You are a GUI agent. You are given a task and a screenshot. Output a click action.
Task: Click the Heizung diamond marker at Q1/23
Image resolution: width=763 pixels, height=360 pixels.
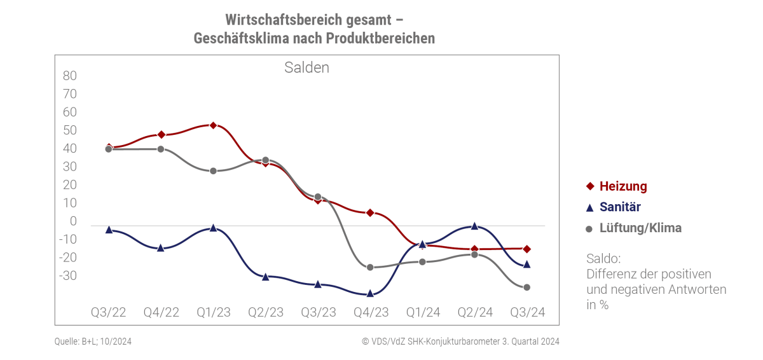[213, 125]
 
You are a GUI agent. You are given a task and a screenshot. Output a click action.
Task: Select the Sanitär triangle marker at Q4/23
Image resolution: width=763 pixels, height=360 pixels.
[371, 293]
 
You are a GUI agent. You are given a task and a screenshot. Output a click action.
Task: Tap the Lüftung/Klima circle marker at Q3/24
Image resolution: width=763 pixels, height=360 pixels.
[527, 287]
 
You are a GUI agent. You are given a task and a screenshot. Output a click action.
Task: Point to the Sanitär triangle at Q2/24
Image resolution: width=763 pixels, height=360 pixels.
[474, 226]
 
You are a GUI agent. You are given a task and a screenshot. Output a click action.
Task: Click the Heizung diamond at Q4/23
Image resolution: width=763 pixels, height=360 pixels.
[370, 212]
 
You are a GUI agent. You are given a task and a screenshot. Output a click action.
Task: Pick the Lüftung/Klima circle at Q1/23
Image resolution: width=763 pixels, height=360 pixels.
[213, 171]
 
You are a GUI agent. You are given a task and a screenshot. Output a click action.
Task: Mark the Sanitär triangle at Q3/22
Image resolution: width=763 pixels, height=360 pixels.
[109, 230]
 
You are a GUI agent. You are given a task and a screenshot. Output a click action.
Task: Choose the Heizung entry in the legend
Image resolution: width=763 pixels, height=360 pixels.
[623, 186]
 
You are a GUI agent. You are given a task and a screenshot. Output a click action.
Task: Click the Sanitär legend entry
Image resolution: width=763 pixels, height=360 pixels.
[619, 207]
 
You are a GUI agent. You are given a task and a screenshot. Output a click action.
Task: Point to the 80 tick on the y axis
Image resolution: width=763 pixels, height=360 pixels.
[70, 76]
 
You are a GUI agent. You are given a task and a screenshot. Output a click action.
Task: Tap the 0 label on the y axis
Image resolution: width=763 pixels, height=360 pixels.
[73, 221]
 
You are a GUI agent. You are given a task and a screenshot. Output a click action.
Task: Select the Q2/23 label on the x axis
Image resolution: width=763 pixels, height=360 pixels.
[266, 312]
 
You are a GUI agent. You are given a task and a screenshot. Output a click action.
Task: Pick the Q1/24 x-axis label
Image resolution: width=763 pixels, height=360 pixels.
[423, 312]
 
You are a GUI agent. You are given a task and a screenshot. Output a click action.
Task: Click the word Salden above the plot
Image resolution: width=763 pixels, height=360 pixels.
[306, 67]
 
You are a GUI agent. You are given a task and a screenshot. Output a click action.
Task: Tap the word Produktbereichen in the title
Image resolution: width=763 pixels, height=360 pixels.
[380, 38]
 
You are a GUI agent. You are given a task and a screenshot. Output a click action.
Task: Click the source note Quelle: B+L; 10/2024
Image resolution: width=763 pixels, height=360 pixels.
[93, 342]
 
